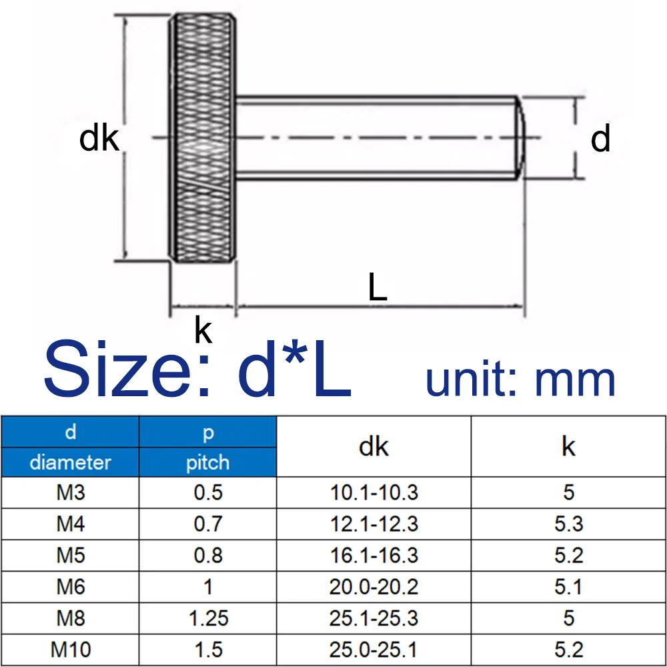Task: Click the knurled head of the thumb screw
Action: tap(201, 138)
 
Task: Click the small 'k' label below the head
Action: tap(203, 330)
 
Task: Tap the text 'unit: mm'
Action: tap(520, 380)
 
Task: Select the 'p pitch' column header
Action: tap(207, 447)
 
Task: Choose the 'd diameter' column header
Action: tap(70, 447)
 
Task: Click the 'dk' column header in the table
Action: tap(374, 447)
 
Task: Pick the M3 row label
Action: tap(70, 492)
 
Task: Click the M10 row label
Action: tap(70, 649)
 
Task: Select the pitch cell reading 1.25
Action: tap(207, 618)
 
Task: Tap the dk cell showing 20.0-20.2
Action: tap(374, 586)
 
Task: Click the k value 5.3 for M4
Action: tap(568, 524)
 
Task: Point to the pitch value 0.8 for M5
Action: tap(207, 555)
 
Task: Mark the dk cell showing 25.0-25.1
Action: tap(374, 649)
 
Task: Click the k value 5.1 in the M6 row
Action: tap(568, 586)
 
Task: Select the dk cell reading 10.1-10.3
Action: tap(374, 492)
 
